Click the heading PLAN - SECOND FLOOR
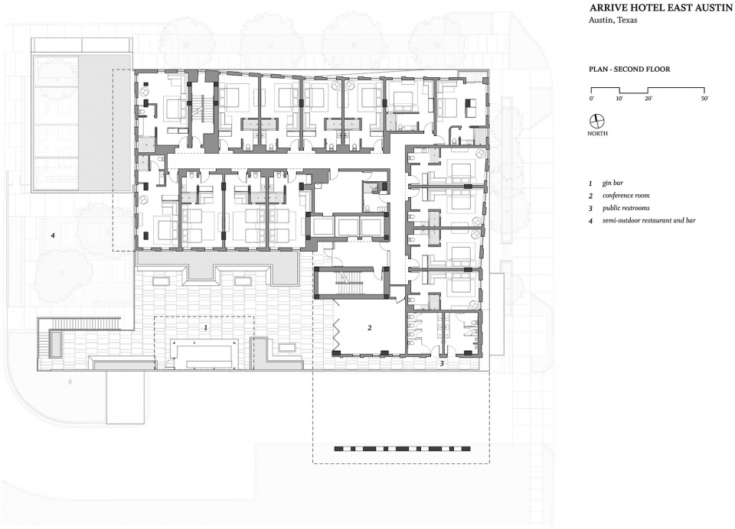(x=629, y=69)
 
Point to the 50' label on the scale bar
(x=704, y=99)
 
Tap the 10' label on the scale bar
(x=619, y=99)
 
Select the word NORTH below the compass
(x=598, y=135)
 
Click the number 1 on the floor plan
(x=205, y=327)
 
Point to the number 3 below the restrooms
(x=441, y=364)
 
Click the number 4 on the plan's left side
(x=53, y=235)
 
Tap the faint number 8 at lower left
(x=70, y=380)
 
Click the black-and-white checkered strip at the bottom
(x=400, y=448)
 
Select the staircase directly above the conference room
(x=354, y=281)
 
